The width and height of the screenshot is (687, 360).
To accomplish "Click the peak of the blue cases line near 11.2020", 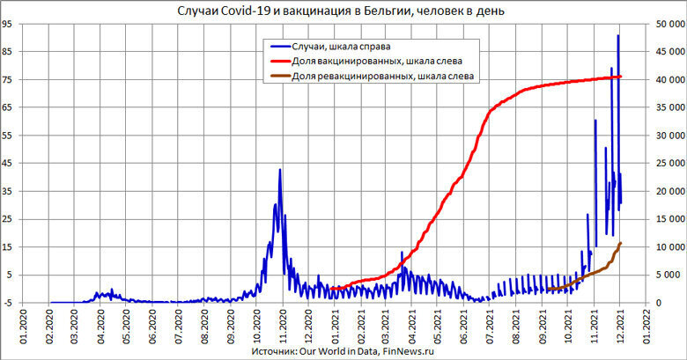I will coord(280,169).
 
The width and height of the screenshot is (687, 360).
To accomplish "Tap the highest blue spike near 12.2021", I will coord(618,35).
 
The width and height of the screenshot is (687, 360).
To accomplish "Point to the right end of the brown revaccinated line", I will coord(621,243).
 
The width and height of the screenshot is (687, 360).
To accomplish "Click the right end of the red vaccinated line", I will coord(621,77).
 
